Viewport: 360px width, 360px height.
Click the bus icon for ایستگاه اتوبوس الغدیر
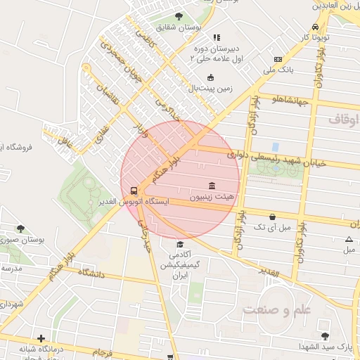[x=134, y=190]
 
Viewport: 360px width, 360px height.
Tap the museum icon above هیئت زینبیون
[x=212, y=185]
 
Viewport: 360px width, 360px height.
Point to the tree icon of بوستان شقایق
[x=179, y=16]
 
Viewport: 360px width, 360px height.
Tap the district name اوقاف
[x=343, y=120]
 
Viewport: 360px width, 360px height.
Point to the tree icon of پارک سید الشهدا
[x=324, y=336]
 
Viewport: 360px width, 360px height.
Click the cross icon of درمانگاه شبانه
[x=41, y=338]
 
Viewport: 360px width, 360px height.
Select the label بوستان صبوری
[x=41, y=240]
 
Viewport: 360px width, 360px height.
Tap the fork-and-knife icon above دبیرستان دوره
[x=217, y=37]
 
